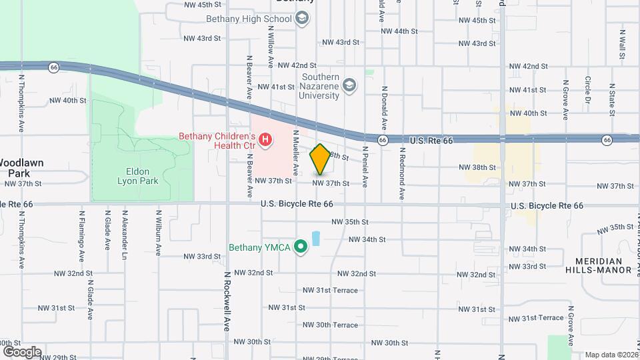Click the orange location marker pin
coord(320,159)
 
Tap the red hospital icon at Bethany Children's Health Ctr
coord(266,139)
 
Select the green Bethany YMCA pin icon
coord(301,247)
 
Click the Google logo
coord(22,351)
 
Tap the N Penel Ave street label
coord(365,164)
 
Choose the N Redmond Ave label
coord(402,173)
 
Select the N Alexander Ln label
coord(125,235)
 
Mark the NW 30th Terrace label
coord(330,325)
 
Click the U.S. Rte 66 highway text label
coord(431,140)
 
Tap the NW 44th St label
coord(399,31)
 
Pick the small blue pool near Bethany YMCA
coord(315,238)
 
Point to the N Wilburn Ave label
coord(159,234)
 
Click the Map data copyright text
coord(610,355)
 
